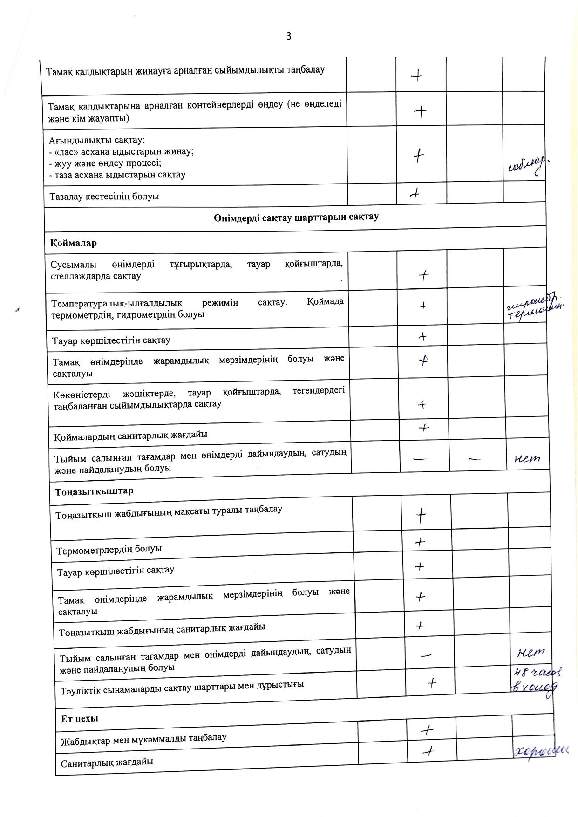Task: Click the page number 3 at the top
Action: (x=289, y=36)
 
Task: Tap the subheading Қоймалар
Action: (x=74, y=243)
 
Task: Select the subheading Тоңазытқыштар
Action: (x=94, y=491)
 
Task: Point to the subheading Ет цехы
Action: (x=80, y=718)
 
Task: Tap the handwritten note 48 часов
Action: (x=537, y=672)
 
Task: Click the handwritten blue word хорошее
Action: (x=542, y=750)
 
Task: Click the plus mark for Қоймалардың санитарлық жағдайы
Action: (x=424, y=428)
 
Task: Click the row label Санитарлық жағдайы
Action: (x=107, y=763)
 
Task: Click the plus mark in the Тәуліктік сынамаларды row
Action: (x=432, y=683)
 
